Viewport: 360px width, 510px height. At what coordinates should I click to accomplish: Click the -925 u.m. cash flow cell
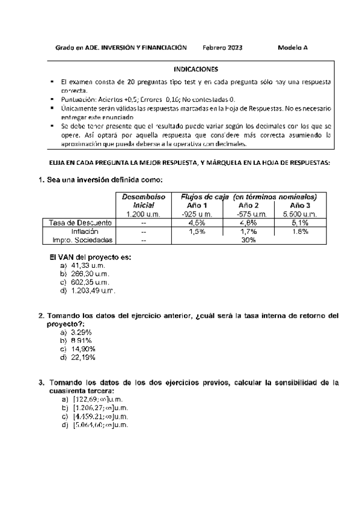coord(197,214)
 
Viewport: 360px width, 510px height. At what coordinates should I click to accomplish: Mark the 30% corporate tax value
coord(248,239)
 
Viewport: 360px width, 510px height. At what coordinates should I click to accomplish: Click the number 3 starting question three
coord(40,382)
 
